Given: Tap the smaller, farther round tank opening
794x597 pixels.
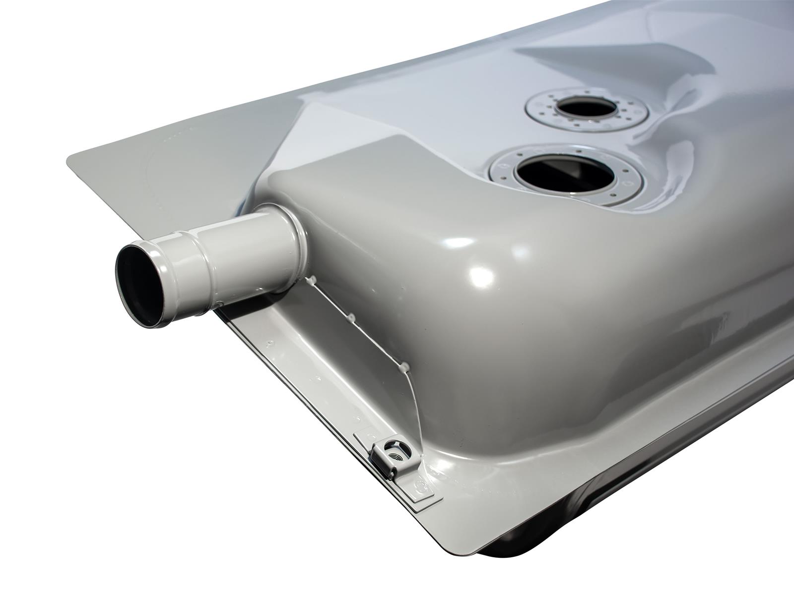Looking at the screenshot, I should pos(587,106).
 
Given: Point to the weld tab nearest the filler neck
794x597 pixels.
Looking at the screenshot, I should pos(312,282).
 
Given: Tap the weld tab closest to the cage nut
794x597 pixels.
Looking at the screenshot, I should pos(404,367).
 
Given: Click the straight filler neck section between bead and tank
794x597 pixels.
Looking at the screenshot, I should pos(248,253).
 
